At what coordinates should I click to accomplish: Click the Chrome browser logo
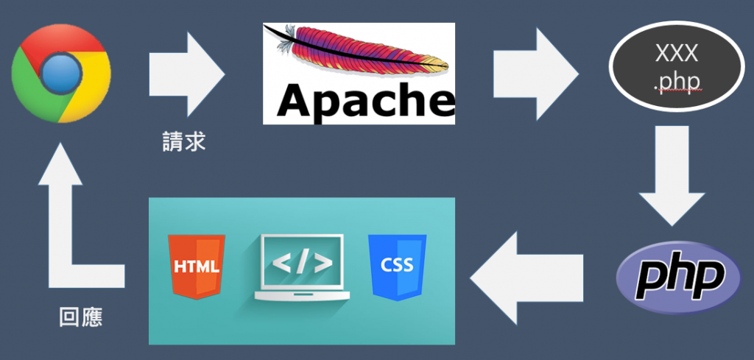click(60, 73)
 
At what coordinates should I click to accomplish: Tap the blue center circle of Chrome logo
click(60, 73)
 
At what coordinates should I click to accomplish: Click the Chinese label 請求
click(183, 141)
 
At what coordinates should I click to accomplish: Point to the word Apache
click(359, 101)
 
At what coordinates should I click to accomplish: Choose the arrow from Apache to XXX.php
click(535, 74)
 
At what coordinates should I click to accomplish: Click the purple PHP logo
click(677, 277)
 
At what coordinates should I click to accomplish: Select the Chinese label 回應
click(81, 318)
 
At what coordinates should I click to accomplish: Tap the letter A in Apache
click(293, 101)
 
